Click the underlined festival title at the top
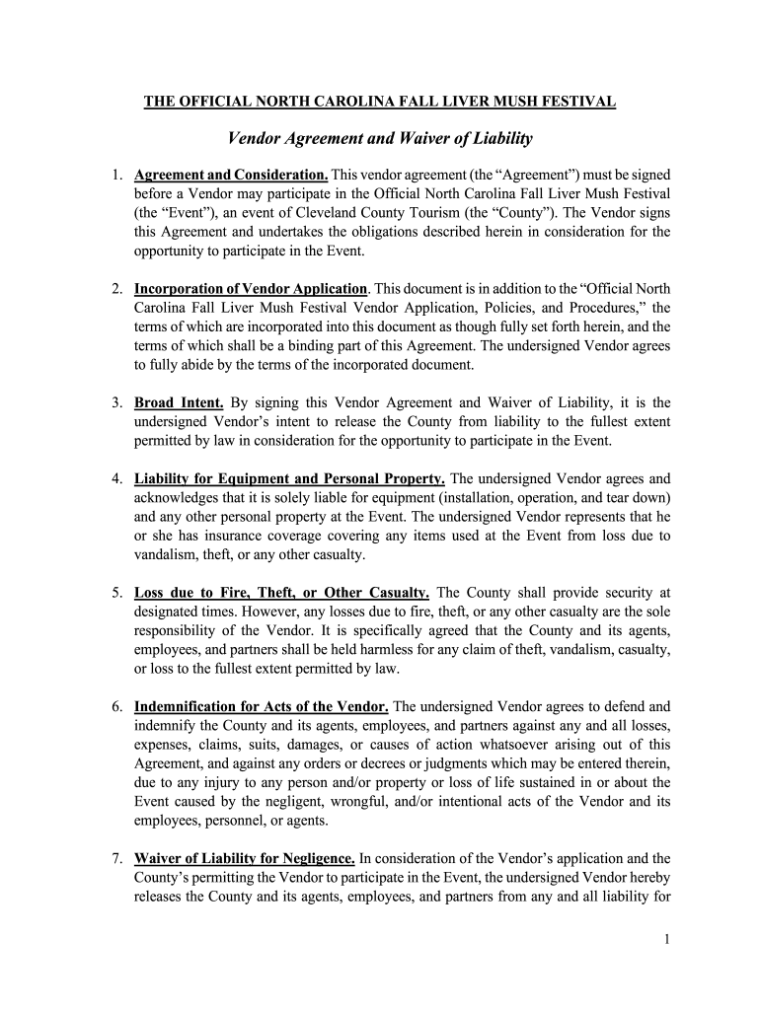380,102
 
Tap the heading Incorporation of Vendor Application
251,289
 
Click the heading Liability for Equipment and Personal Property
289,479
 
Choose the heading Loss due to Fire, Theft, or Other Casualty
281,593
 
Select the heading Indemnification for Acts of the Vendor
262,706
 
